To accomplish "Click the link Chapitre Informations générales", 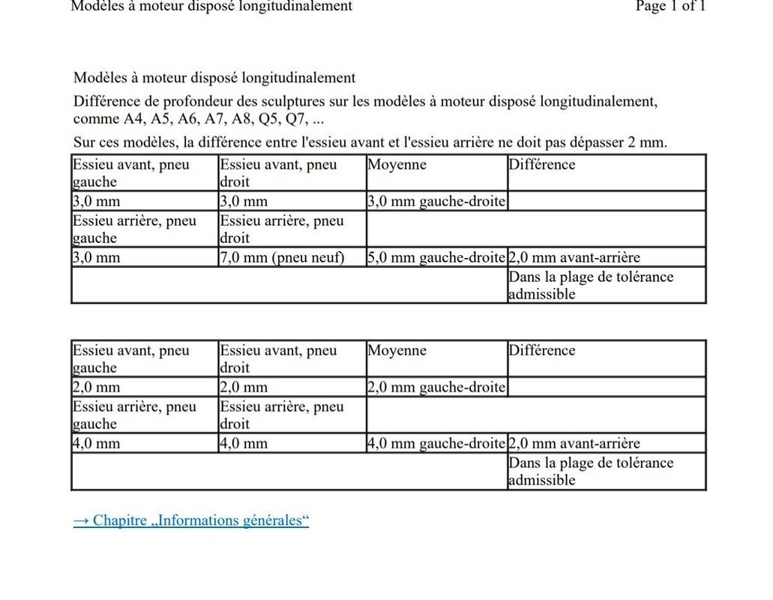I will [191, 520].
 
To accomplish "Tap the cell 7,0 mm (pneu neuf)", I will [282, 258].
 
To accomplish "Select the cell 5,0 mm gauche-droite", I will [436, 258].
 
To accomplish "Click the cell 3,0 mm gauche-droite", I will [436, 202].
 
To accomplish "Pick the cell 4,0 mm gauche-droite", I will [436, 444].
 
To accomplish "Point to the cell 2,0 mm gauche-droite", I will [436, 388].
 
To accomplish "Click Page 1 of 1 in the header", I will [670, 7].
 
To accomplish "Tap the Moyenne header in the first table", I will [397, 165].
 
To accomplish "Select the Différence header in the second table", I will [542, 351].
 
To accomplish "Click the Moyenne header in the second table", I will [397, 351].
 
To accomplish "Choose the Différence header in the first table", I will [542, 165].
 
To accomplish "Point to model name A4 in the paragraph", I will [133, 120].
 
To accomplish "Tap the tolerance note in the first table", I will [591, 286].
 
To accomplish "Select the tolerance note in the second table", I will [591, 472].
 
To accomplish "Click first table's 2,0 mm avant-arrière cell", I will [574, 258].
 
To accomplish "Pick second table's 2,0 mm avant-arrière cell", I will [574, 444].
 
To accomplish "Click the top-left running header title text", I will [211, 7].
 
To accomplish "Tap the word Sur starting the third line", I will [85, 142].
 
